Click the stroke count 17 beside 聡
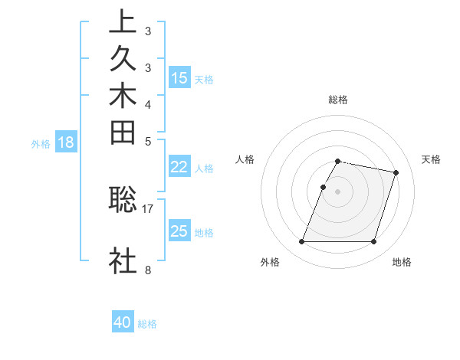point(148,208)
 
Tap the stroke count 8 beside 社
point(147,270)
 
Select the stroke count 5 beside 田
point(147,141)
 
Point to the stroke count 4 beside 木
point(147,104)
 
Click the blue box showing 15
point(179,78)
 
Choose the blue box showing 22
point(179,168)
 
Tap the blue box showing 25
point(179,232)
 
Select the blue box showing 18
point(66,142)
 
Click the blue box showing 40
point(123,323)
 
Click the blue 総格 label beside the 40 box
point(147,324)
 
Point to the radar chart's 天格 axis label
point(432,159)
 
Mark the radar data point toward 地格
point(373,242)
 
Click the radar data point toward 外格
point(302,242)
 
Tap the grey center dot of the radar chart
point(337,191)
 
